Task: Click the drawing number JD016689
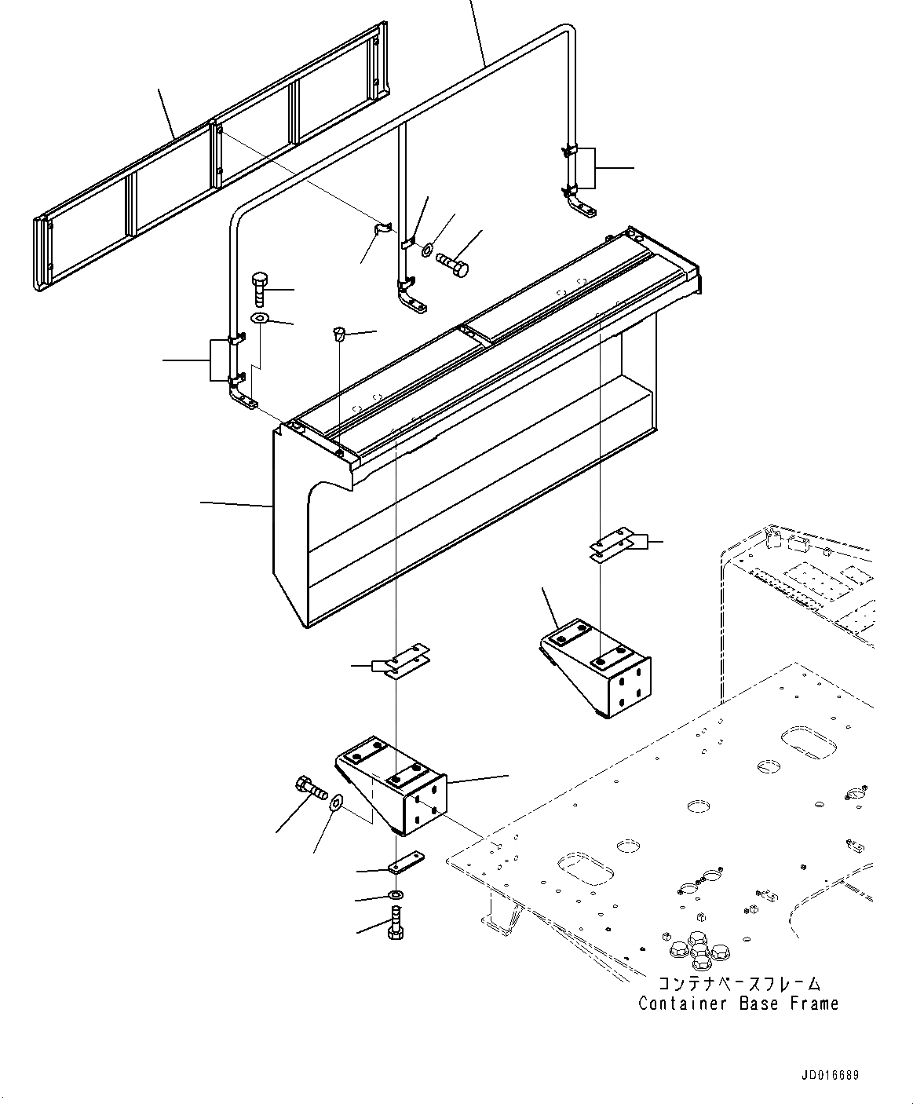pyautogui.click(x=830, y=1075)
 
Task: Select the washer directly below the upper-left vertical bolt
pyautogui.click(x=260, y=318)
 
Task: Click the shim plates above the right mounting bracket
pyautogui.click(x=612, y=547)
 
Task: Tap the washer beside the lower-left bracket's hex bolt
pyautogui.click(x=337, y=803)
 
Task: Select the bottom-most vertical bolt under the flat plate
pyautogui.click(x=396, y=922)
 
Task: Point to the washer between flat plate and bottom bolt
pyautogui.click(x=397, y=895)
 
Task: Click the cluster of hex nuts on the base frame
pyautogui.click(x=697, y=947)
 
